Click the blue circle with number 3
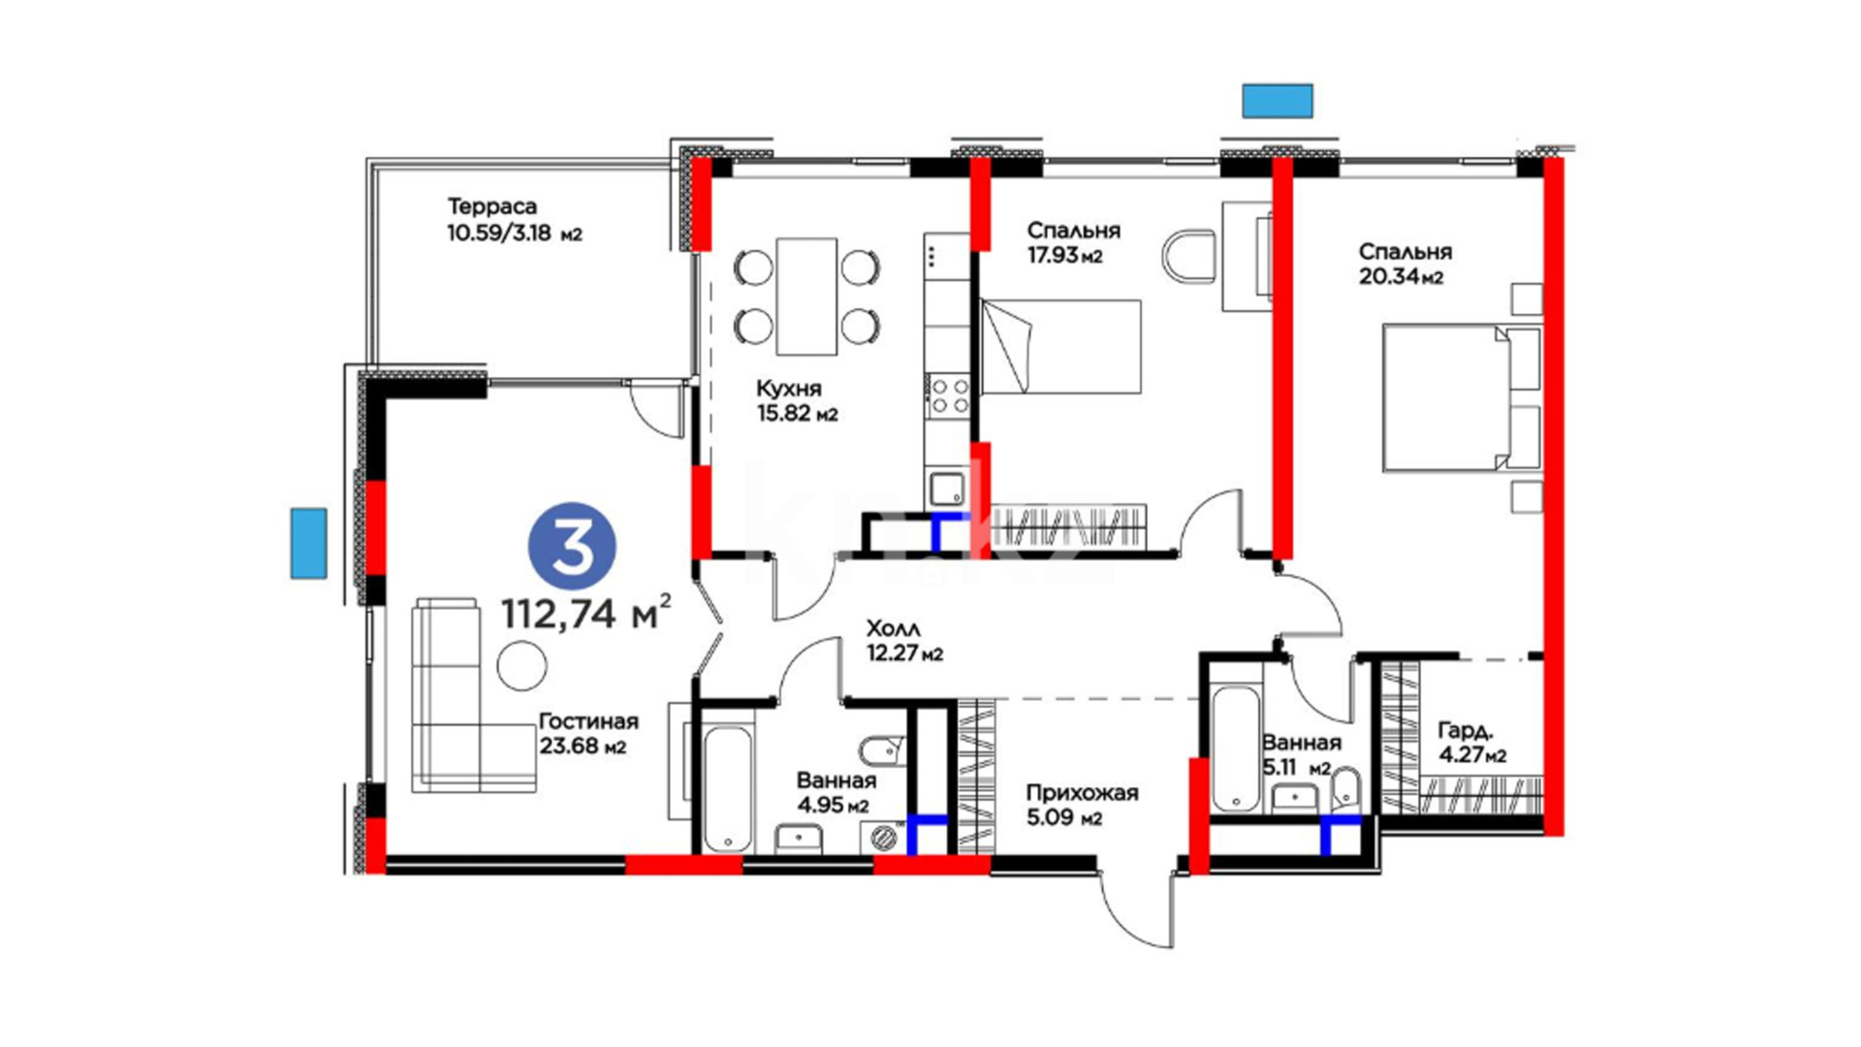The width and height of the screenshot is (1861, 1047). (x=572, y=546)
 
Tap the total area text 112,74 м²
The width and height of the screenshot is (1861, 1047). (x=585, y=614)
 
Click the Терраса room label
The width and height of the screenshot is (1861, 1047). (x=492, y=206)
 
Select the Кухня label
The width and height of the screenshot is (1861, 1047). (x=789, y=389)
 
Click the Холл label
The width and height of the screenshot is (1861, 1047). (x=894, y=628)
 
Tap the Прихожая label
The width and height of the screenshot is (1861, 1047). (x=1083, y=793)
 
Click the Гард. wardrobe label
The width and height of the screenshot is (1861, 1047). (x=1466, y=730)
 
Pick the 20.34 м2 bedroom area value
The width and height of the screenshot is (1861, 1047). (x=1402, y=277)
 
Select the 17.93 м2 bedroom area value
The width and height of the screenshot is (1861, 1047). (x=1065, y=256)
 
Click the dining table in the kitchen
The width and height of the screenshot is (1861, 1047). (x=806, y=297)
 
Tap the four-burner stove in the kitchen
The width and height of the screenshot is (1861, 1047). (x=949, y=397)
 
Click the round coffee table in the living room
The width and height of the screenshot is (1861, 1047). (x=522, y=665)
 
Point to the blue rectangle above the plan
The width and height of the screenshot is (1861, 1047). (x=1278, y=101)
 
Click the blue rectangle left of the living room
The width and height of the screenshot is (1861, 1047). (x=309, y=543)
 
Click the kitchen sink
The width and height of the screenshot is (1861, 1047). (x=948, y=488)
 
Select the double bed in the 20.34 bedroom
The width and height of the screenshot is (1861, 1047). (x=1462, y=397)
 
